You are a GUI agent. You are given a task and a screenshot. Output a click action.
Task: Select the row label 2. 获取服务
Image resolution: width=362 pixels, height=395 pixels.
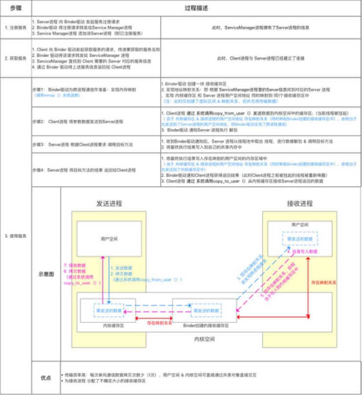click(x=15, y=58)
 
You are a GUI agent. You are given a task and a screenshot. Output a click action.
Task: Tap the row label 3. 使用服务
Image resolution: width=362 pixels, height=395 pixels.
click(x=15, y=236)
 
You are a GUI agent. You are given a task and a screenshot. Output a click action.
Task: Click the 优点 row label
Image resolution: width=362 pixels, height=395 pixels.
click(x=46, y=377)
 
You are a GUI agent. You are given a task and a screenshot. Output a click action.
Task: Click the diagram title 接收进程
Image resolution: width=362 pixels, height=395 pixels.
click(x=299, y=203)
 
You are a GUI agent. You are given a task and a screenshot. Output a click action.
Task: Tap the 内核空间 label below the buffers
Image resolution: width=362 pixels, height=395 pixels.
click(x=205, y=339)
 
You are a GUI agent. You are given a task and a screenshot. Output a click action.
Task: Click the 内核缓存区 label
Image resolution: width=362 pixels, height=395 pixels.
click(x=113, y=324)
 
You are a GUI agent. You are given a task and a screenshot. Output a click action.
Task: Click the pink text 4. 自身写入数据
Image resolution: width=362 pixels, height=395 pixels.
click(x=302, y=251)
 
